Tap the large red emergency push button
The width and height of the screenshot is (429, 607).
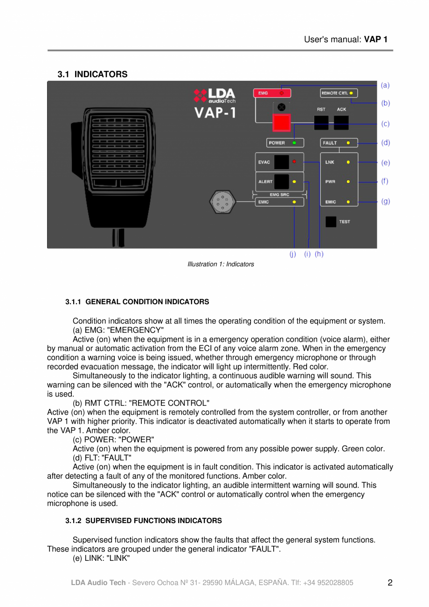pyautogui.click(x=281, y=123)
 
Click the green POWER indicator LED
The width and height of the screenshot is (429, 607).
pyautogui.click(x=295, y=143)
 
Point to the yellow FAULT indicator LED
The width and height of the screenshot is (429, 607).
pyautogui.click(x=348, y=143)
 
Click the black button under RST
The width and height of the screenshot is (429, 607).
pyautogui.click(x=321, y=122)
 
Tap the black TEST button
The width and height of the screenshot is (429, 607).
pyautogui.click(x=331, y=222)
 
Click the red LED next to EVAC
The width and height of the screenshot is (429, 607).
pyautogui.click(x=294, y=162)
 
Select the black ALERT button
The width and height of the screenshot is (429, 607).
pyautogui.click(x=281, y=181)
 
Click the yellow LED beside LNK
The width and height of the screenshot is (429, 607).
pyautogui.click(x=348, y=162)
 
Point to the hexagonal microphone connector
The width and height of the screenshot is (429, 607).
pyautogui.click(x=222, y=202)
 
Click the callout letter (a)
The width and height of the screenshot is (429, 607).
pyautogui.click(x=385, y=85)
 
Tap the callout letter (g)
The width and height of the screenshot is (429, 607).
pyautogui.click(x=385, y=202)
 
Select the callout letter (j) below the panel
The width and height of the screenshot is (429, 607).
pyautogui.click(x=293, y=254)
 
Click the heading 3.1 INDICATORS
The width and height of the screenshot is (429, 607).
pyautogui.click(x=92, y=74)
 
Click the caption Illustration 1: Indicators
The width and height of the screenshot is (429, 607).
pyautogui.click(x=221, y=265)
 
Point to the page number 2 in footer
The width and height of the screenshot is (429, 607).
pyautogui.click(x=390, y=582)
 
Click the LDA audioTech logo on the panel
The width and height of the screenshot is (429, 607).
pyautogui.click(x=215, y=96)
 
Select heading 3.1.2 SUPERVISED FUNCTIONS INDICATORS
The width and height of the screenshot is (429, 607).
pyautogui.click(x=144, y=520)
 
